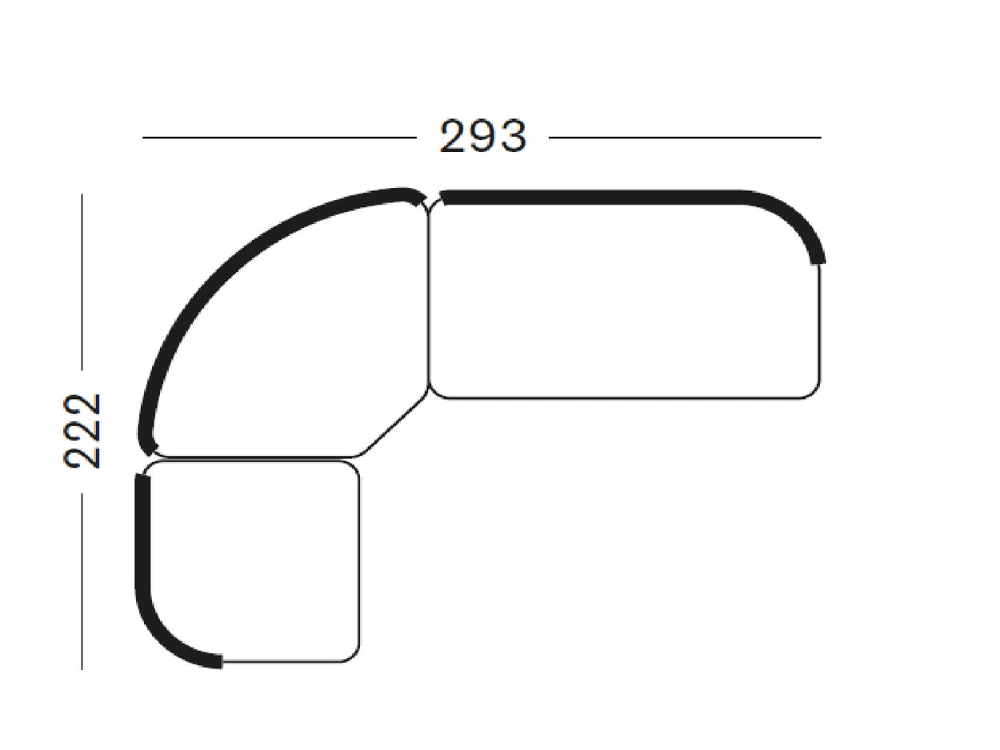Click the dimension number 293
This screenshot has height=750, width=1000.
[x=483, y=136]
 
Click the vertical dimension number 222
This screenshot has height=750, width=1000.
[x=82, y=430]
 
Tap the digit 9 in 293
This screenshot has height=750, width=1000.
[x=483, y=136]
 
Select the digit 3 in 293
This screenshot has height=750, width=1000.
[x=513, y=136]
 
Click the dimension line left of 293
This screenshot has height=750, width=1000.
[x=279, y=137]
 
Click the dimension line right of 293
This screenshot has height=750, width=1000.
[x=685, y=137]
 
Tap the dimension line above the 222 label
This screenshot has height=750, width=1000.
[x=82, y=282]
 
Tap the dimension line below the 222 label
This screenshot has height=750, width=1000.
[x=82, y=581]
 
